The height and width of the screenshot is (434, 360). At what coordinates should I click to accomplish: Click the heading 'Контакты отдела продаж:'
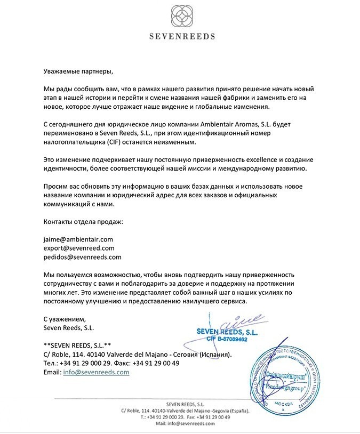pyautogui.click(x=83, y=221)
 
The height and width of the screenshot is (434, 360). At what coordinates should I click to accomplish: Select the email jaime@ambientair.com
pyautogui.click(x=78, y=239)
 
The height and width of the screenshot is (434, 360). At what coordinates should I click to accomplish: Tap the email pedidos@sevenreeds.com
pyautogui.click(x=82, y=256)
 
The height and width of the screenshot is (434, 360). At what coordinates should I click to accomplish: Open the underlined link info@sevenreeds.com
pyautogui.click(x=96, y=372)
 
